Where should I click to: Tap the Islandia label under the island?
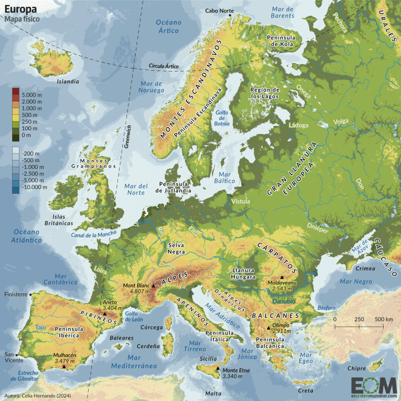click(x=68, y=81)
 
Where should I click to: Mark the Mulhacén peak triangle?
click(x=64, y=367)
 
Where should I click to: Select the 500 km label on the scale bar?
click(x=383, y=319)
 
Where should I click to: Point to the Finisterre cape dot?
click(x=31, y=294)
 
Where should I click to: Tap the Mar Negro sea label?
click(x=353, y=282)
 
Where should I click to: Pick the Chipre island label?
click(x=357, y=369)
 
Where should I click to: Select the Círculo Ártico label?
click(x=163, y=66)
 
